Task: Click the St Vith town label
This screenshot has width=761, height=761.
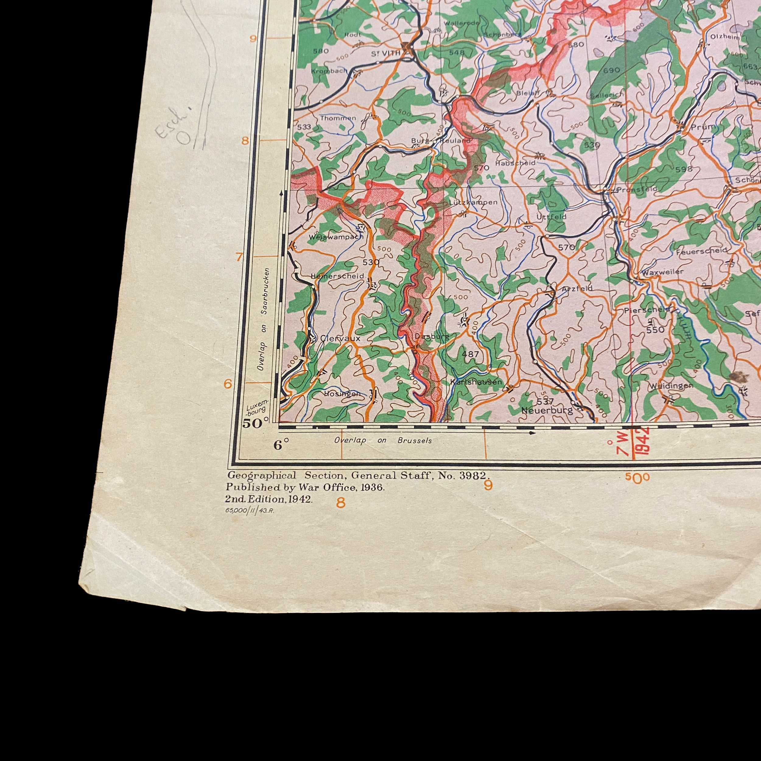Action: tap(386, 53)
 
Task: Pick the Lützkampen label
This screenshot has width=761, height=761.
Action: tap(473, 202)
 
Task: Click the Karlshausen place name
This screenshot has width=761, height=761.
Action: tap(476, 382)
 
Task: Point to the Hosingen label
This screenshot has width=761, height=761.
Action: tap(342, 394)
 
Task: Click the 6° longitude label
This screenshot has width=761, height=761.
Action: tap(281, 445)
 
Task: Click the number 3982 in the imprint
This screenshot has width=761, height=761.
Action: tap(474, 475)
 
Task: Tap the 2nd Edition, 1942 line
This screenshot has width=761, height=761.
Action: tap(269, 499)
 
